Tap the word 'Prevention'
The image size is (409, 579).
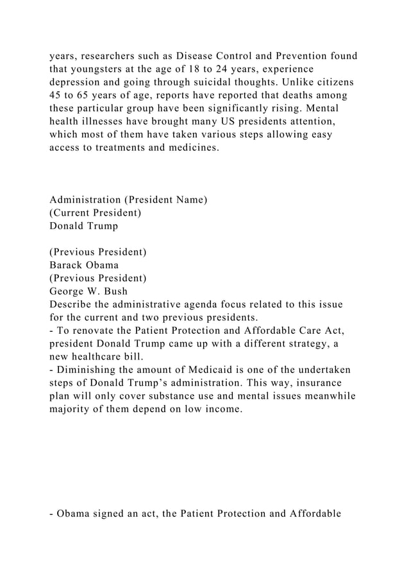click(300, 55)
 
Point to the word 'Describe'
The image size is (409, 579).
click(72, 304)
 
